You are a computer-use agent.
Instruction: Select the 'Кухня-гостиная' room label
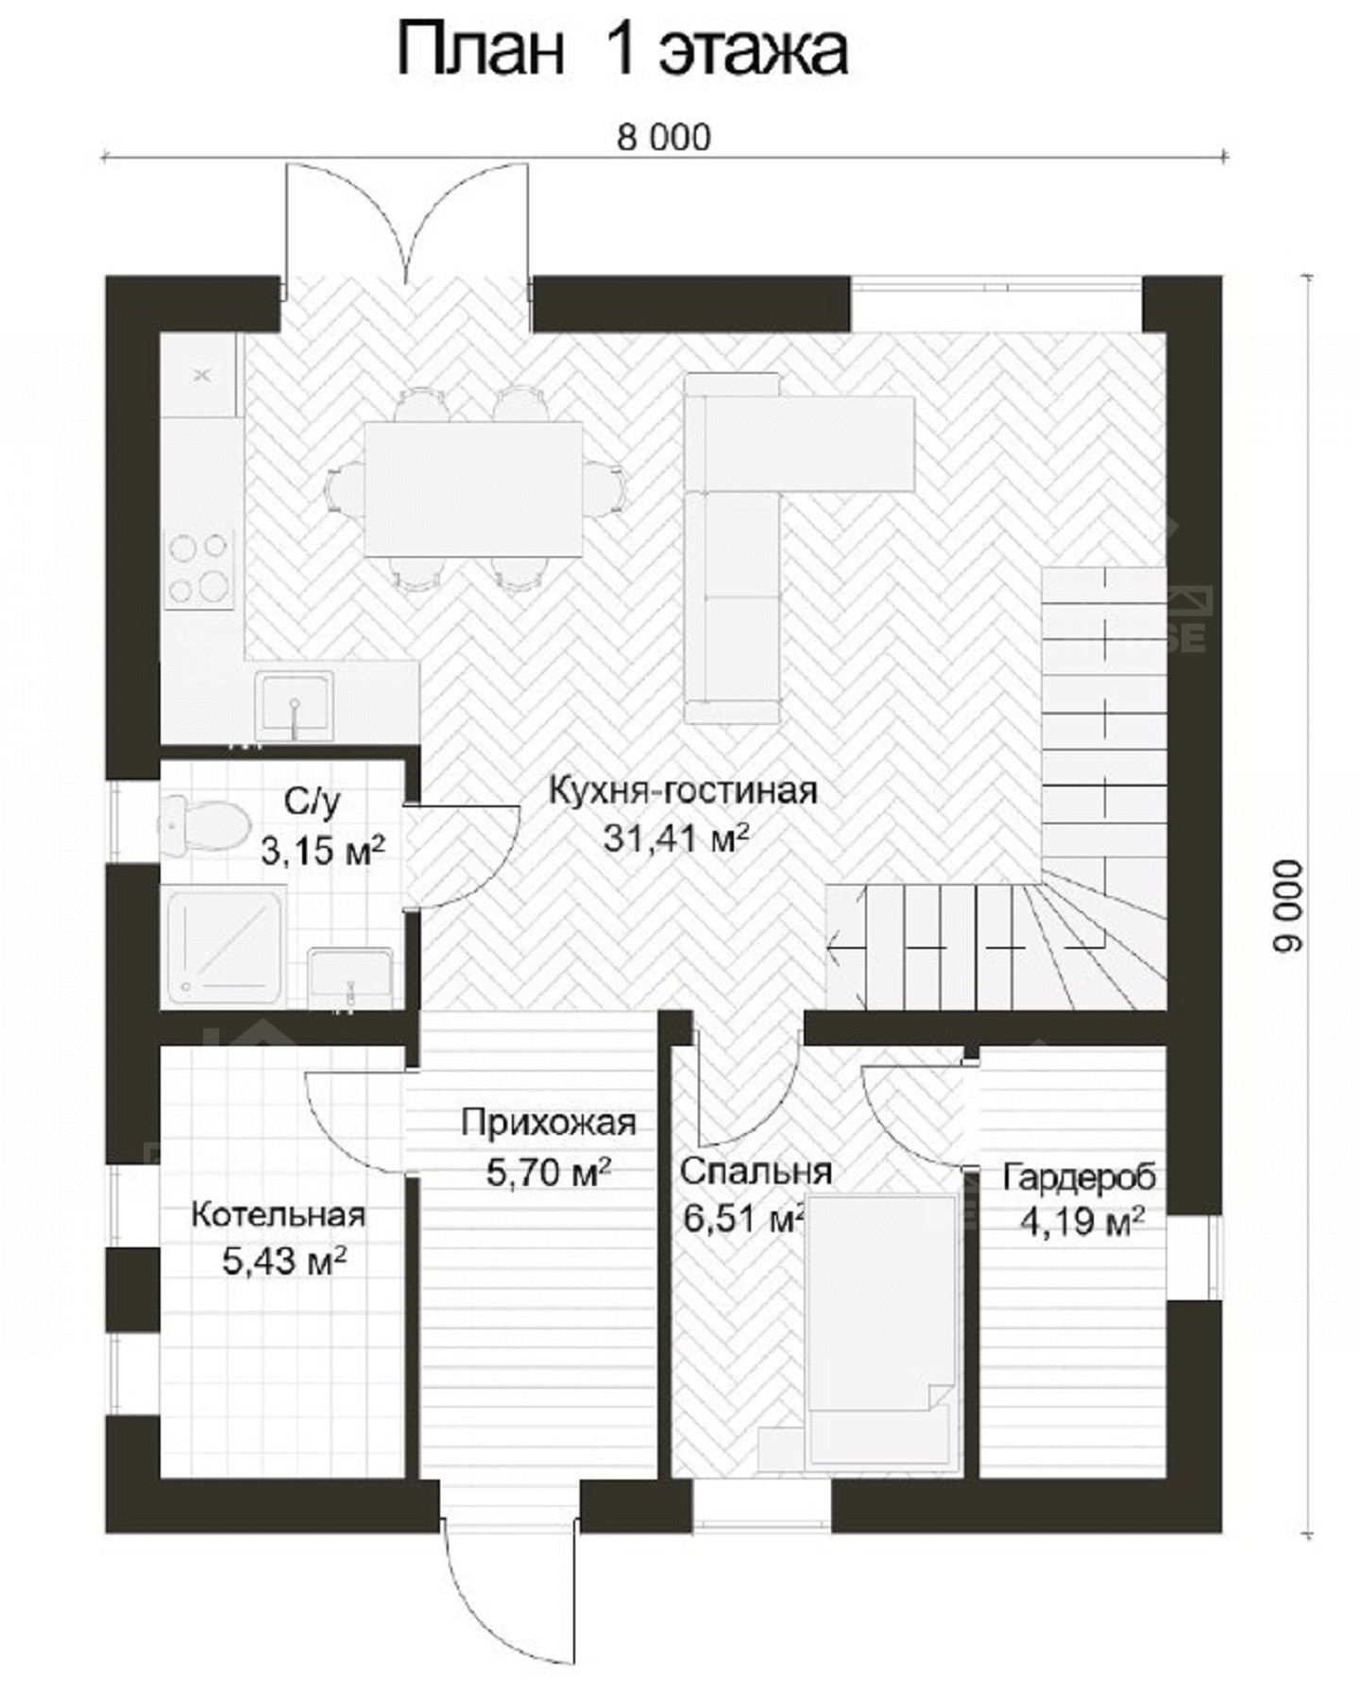[683, 789]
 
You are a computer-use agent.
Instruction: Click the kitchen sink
[295, 704]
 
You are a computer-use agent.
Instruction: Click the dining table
[473, 488]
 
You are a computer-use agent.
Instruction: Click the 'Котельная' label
[278, 1214]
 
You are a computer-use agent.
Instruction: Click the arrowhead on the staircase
[834, 945]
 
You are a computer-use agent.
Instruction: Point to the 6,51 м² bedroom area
[742, 1219]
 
